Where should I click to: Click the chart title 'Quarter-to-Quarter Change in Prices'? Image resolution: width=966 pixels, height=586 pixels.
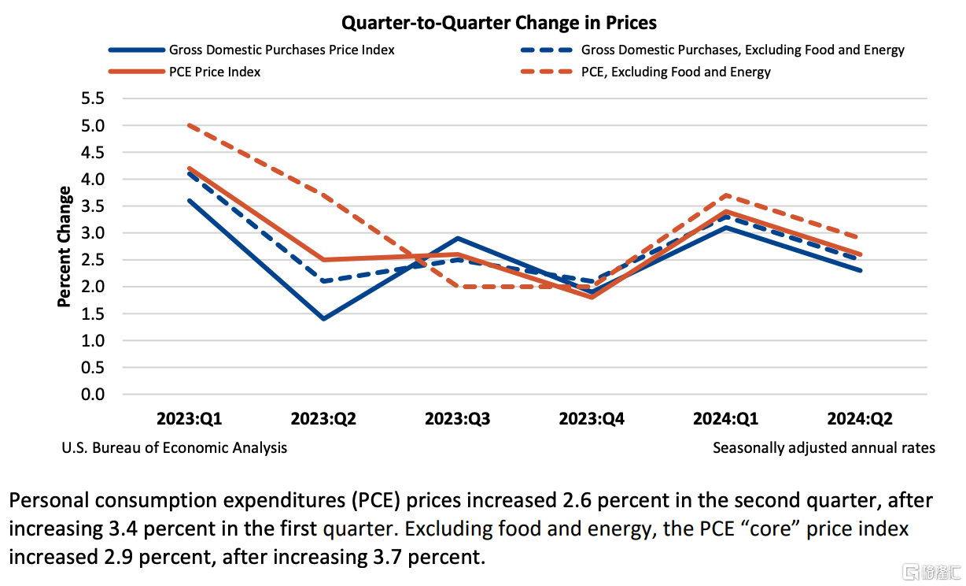(x=499, y=23)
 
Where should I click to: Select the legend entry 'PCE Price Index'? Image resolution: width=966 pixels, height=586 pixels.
(x=214, y=72)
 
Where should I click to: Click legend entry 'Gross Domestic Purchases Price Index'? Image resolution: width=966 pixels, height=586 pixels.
(x=281, y=50)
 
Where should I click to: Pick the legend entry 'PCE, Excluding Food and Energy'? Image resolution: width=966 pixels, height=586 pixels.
(x=676, y=72)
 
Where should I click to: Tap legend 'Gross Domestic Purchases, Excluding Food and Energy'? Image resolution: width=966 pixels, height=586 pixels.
(x=743, y=50)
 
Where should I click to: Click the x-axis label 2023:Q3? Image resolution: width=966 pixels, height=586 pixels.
(x=457, y=419)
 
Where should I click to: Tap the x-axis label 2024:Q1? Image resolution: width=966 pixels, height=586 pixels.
(x=725, y=419)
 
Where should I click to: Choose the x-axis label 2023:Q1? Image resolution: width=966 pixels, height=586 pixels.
(x=190, y=419)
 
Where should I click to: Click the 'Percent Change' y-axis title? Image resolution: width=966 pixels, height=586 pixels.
(x=65, y=247)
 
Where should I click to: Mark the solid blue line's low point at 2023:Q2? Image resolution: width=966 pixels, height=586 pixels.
(x=323, y=319)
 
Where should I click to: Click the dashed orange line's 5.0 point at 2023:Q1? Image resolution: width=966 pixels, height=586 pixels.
(x=190, y=125)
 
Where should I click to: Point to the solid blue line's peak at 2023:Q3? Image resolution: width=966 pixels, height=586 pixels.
(x=457, y=238)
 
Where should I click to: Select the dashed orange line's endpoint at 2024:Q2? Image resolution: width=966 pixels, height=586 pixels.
(x=859, y=238)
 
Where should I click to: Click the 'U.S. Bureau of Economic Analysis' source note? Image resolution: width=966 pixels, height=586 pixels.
(x=174, y=448)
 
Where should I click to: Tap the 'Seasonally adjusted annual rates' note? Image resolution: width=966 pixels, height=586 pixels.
(x=824, y=448)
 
